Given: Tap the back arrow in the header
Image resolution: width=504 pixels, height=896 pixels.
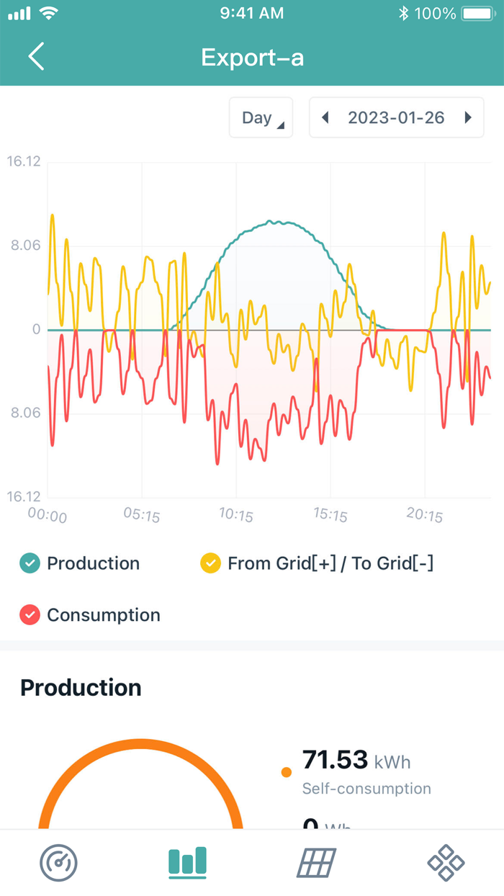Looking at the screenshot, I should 37,56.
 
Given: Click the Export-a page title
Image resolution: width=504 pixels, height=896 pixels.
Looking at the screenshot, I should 252,57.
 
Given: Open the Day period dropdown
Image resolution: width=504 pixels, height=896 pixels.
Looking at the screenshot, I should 261,117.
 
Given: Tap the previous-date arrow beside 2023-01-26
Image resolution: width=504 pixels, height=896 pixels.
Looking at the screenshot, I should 325,117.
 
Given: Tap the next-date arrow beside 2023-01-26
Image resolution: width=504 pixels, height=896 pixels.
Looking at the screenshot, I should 468,117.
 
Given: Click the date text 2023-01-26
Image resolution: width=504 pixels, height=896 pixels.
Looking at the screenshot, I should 396,117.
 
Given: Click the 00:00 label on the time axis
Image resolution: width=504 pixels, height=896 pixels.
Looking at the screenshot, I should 48,516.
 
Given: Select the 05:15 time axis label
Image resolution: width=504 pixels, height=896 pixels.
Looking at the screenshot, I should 142,516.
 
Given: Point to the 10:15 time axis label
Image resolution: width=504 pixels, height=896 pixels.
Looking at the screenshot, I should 236,516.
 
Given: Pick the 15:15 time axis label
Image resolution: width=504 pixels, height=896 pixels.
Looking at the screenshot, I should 330,516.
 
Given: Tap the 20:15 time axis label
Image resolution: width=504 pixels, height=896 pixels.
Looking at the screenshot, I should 425,516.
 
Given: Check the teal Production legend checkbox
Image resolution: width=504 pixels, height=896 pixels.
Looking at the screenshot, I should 30,563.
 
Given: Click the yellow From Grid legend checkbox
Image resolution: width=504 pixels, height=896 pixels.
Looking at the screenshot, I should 210,563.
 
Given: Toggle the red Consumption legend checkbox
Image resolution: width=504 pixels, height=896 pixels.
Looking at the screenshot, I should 30,615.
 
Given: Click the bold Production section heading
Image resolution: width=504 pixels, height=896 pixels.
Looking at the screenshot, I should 81,688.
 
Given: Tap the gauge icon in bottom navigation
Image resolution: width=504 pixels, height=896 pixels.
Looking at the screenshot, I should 59,862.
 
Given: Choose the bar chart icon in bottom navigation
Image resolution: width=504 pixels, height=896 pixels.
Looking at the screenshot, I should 187,861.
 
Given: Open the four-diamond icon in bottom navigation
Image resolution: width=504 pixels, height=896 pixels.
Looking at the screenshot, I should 446,862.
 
